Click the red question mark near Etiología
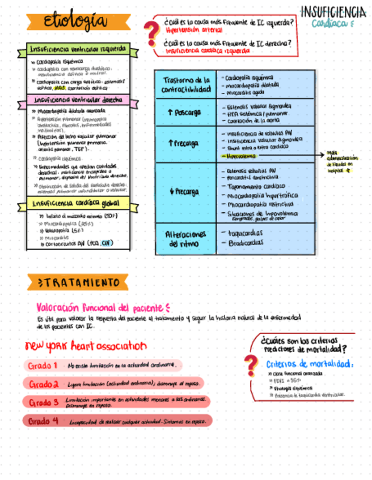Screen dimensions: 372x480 (x=150, y=33)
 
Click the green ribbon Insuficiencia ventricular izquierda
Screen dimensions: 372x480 (x=78, y=49)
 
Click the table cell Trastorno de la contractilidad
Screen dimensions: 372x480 (x=185, y=84)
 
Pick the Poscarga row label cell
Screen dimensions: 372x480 (x=185, y=113)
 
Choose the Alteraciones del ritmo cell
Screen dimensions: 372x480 (x=185, y=238)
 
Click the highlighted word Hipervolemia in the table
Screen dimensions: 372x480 (x=240, y=155)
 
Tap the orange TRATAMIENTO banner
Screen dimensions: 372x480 (x=77, y=282)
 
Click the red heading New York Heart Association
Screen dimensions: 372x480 (x=86, y=346)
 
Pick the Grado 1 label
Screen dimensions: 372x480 (x=43, y=366)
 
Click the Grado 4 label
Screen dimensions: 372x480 (x=44, y=421)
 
